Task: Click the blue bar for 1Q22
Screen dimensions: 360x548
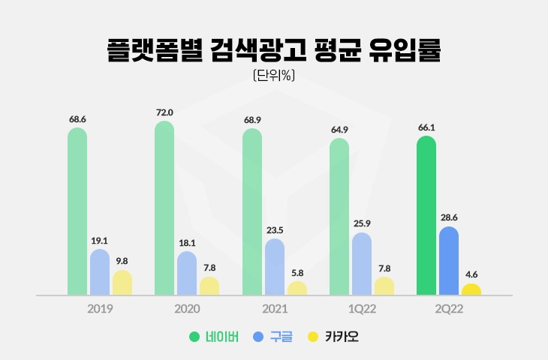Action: (x=361, y=264)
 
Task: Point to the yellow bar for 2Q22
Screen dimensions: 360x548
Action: (x=471, y=289)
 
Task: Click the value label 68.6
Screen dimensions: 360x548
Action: (x=77, y=119)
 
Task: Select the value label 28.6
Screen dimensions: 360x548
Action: (x=448, y=217)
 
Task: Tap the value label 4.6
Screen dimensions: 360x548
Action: (x=471, y=274)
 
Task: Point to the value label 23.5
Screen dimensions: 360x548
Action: (x=275, y=230)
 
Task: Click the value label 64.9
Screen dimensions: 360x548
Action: (x=339, y=130)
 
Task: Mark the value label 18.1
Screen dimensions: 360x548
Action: (x=187, y=243)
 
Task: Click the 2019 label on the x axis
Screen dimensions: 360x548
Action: (x=100, y=309)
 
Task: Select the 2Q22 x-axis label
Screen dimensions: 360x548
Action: (x=448, y=309)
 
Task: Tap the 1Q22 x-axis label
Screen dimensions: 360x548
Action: (x=361, y=309)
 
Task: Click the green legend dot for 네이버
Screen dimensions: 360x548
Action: (x=194, y=337)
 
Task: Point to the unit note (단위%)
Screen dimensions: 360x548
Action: (x=273, y=74)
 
